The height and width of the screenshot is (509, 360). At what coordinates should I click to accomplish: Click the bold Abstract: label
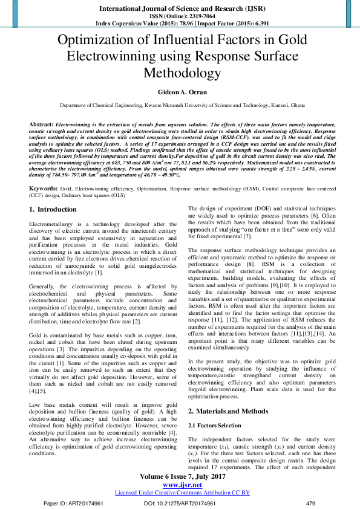[x=41, y=123]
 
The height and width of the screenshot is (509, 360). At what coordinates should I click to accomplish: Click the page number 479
[x=311, y=503]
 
